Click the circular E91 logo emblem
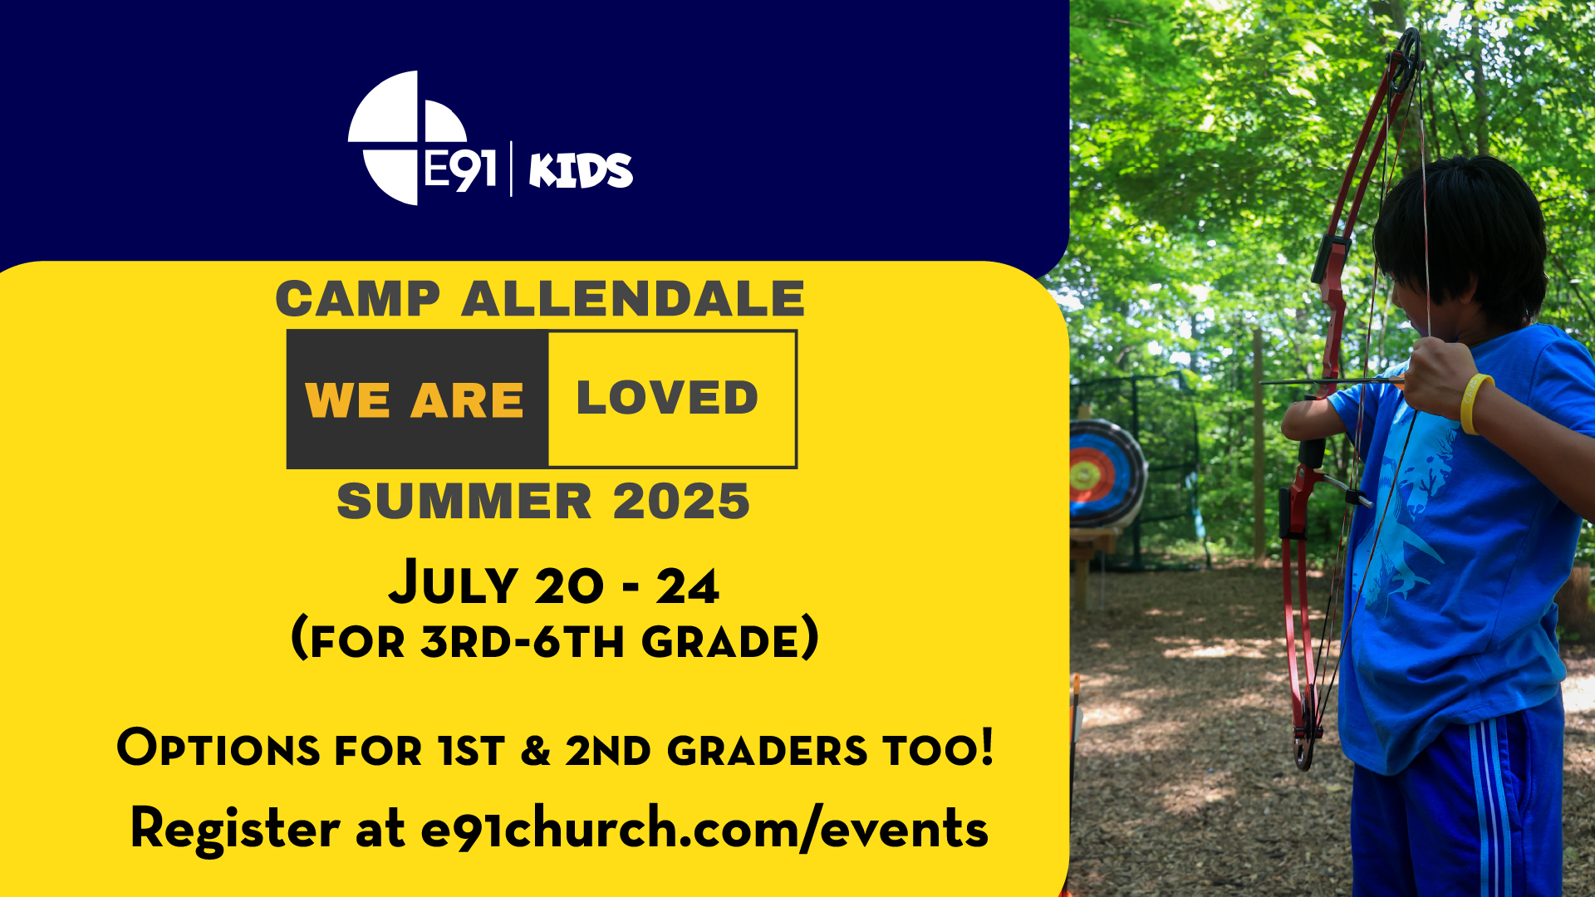coord(406,138)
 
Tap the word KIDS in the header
coord(581,170)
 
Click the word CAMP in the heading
coord(358,299)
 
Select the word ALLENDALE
coord(633,299)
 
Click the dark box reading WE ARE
coord(417,399)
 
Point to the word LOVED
coord(667,397)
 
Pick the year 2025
coord(681,501)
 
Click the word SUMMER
coord(464,501)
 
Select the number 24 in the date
coord(687,586)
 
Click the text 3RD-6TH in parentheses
coord(522,641)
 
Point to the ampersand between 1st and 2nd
coord(536,751)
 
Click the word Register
coord(235,829)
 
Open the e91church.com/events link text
coord(704,829)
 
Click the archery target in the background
coord(1105,473)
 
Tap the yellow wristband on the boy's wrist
coord(1475,404)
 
